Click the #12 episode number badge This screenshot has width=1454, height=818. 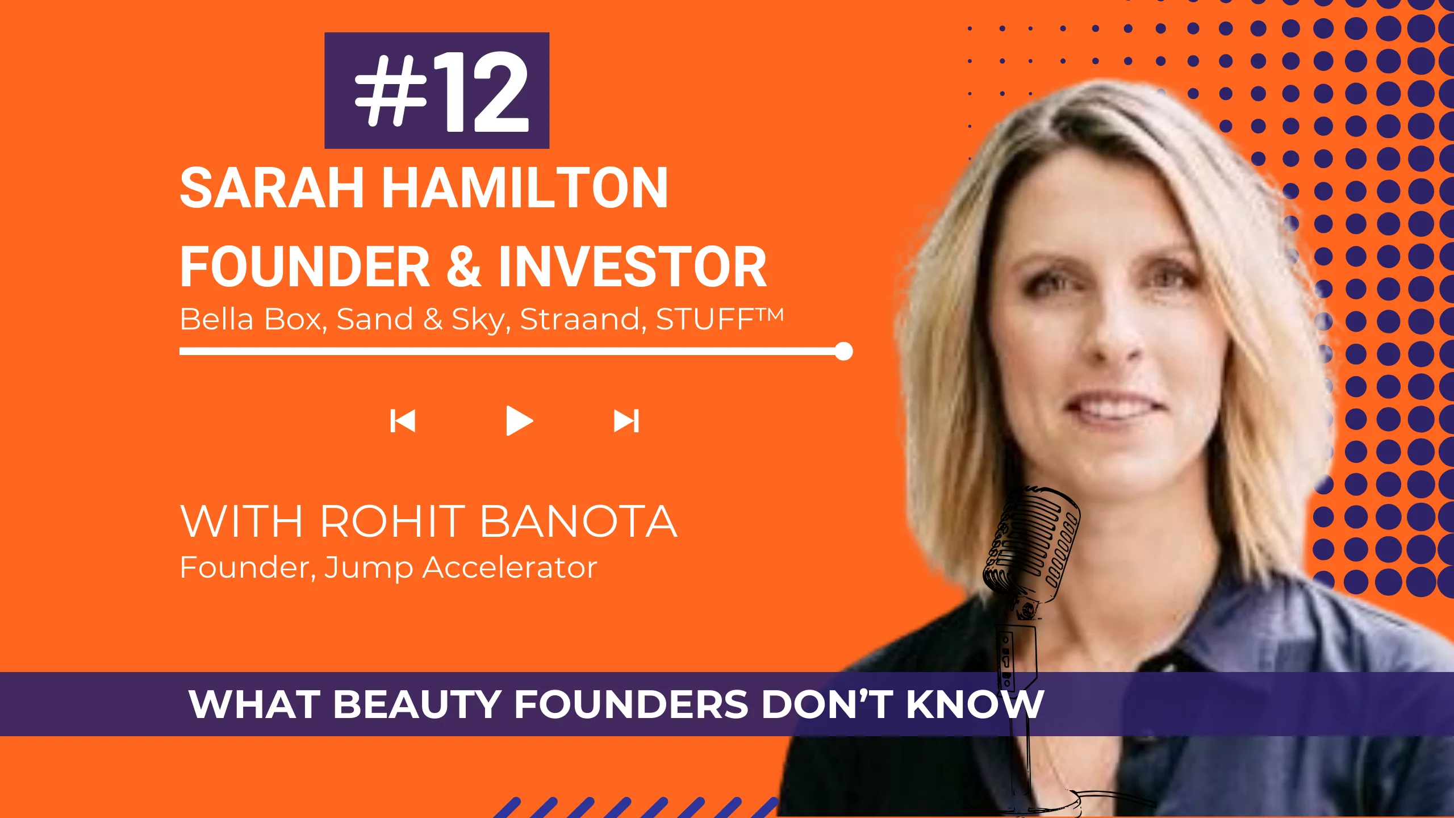pos(437,90)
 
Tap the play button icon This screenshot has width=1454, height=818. pos(519,421)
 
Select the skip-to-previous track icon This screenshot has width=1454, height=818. pos(403,421)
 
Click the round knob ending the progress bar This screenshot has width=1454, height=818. pos(844,351)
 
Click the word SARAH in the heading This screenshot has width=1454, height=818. pos(272,188)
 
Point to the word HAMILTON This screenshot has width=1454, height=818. pos(525,188)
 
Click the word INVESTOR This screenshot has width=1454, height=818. pos(633,266)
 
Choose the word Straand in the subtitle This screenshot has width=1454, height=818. pos(583,319)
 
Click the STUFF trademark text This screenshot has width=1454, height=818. pos(720,319)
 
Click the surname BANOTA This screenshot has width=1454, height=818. pos(579,521)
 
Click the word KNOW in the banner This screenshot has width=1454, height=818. pos(975,704)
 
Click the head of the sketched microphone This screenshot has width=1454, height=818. pos(1031,545)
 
